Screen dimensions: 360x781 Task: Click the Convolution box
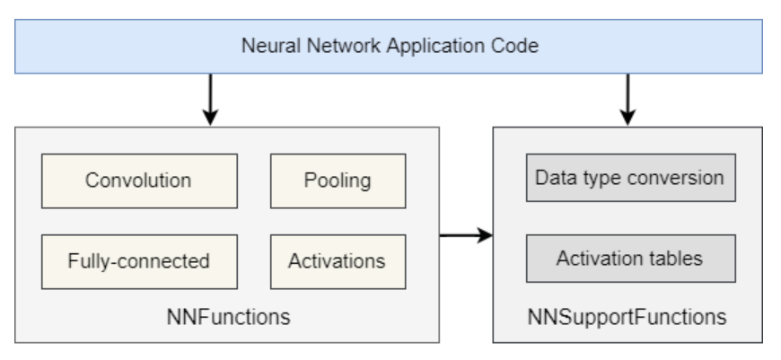click(x=138, y=180)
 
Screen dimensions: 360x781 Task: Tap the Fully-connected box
click(x=138, y=261)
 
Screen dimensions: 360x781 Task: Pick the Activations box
click(x=336, y=261)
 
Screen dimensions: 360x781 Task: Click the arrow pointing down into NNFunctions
click(x=209, y=101)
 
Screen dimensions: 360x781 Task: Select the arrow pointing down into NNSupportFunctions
click(x=628, y=101)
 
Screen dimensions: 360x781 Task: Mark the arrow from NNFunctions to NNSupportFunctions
click(x=465, y=236)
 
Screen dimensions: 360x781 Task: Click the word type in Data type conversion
click(x=595, y=178)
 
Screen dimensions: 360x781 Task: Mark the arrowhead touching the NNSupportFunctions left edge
click(x=486, y=236)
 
